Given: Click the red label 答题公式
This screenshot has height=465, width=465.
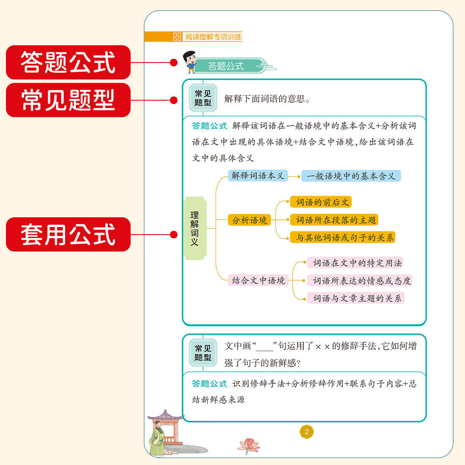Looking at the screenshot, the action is [x=68, y=63].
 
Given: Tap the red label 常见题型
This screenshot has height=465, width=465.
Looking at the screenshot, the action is [x=68, y=100].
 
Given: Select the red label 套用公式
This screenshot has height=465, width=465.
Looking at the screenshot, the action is [x=68, y=235].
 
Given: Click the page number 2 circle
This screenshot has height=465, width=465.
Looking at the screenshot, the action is [x=306, y=432].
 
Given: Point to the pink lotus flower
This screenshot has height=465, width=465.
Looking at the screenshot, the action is [x=249, y=445].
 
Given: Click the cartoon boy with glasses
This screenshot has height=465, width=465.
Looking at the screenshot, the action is [x=190, y=62].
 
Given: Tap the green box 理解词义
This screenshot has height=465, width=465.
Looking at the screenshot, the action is [x=194, y=228].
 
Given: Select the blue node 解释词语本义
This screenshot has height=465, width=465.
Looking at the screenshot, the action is [x=258, y=175].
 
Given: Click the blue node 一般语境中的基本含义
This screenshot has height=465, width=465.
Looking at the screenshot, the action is [x=351, y=176].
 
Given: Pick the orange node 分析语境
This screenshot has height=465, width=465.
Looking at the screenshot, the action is [x=249, y=220].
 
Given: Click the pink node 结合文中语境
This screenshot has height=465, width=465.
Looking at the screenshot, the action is [x=258, y=280].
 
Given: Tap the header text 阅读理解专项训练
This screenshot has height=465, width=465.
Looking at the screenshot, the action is [x=213, y=37].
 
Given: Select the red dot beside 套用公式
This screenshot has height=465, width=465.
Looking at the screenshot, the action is [x=173, y=235].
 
